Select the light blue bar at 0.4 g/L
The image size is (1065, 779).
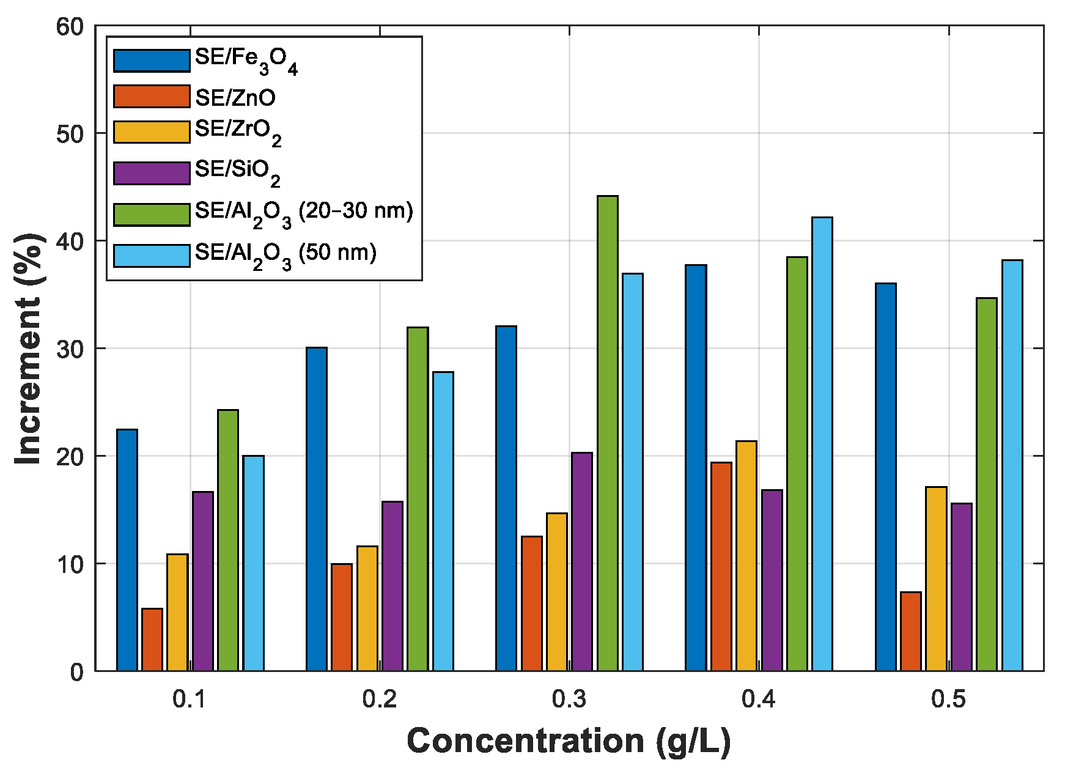[x=822, y=444]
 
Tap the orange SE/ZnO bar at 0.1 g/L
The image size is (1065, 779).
[x=152, y=640]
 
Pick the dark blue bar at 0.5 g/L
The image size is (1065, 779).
[x=885, y=477]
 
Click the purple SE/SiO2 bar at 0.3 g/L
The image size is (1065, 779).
[x=581, y=561]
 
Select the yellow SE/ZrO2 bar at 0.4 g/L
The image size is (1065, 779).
[x=746, y=555]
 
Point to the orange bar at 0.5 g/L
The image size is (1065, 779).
[x=910, y=631]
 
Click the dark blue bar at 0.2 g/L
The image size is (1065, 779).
[x=316, y=509]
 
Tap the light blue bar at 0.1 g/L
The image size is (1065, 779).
[x=253, y=563]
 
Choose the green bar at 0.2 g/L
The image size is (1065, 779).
[x=418, y=499]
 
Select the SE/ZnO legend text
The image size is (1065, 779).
[x=235, y=98]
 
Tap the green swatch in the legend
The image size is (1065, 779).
[x=152, y=215]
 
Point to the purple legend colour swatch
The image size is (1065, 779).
[x=152, y=174]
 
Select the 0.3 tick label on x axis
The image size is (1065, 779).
[x=569, y=699]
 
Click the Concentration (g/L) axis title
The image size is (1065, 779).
[x=569, y=741]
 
